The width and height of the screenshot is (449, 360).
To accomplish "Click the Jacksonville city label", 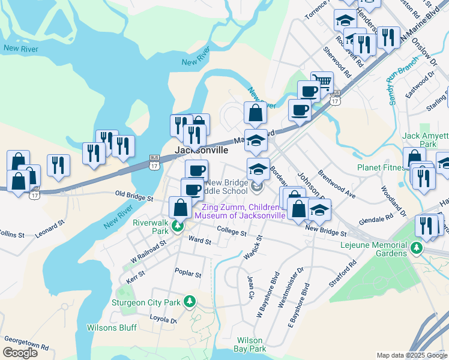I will (201, 150).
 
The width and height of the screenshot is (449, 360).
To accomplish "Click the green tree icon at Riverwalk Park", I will (177, 226).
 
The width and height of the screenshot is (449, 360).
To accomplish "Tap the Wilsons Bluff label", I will (112, 328).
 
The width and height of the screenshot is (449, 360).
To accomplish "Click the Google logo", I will (20, 353).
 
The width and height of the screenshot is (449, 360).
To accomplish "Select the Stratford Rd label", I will (343, 273).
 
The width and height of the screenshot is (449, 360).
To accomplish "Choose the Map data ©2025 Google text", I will (411, 355).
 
